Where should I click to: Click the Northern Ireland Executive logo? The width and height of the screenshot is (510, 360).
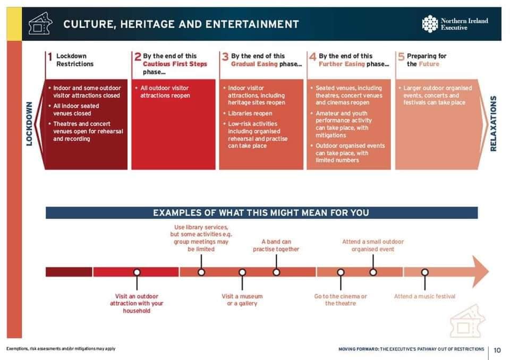click(x=455, y=24)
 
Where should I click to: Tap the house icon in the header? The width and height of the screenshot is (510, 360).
click(x=40, y=23)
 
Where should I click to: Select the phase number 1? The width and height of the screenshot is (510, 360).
click(x=50, y=57)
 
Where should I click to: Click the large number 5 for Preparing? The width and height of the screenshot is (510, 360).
click(x=402, y=57)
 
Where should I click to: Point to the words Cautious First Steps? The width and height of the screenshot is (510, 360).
click(x=175, y=64)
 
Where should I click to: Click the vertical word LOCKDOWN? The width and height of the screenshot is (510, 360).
click(x=29, y=124)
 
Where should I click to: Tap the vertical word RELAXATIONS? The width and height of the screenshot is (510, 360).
click(x=493, y=123)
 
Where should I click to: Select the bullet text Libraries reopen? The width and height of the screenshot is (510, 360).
click(x=250, y=114)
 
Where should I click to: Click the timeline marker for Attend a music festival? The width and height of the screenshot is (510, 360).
click(x=425, y=272)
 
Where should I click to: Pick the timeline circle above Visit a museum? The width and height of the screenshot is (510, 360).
click(x=242, y=272)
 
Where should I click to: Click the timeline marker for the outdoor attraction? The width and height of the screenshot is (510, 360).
click(x=137, y=272)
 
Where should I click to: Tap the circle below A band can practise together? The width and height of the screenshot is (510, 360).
click(x=276, y=272)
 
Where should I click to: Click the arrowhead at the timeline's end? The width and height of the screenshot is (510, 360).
click(x=480, y=271)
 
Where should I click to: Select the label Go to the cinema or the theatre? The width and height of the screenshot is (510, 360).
click(x=341, y=300)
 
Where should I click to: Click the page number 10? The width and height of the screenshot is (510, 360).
click(x=497, y=350)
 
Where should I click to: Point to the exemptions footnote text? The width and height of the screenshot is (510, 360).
click(x=61, y=349)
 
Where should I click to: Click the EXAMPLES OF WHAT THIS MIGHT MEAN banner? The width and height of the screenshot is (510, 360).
click(x=261, y=213)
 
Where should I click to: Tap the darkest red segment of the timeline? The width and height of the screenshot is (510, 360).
click(x=69, y=272)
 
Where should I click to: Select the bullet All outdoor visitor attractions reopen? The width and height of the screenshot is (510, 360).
click(x=165, y=92)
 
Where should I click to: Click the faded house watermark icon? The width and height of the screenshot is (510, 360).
click(x=467, y=321)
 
